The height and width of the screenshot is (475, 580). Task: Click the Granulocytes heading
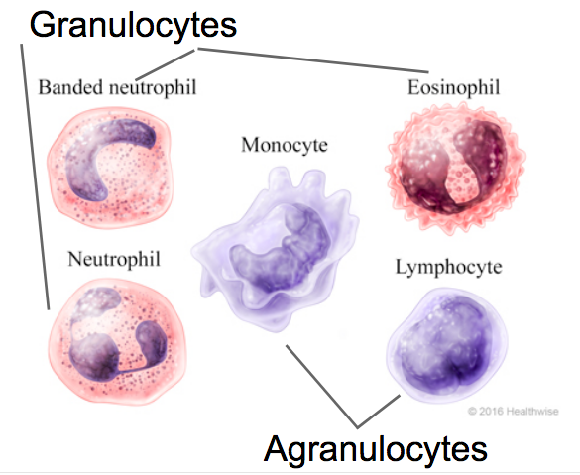tap(133, 25)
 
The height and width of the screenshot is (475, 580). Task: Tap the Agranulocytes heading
tap(375, 450)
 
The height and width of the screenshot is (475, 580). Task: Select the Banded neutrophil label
tap(117, 87)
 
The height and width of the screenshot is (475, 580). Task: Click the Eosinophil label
tap(453, 88)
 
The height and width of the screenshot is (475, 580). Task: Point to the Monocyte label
tap(285, 145)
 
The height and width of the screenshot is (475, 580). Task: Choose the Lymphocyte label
tap(449, 267)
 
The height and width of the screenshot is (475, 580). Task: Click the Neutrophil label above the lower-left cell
tap(114, 259)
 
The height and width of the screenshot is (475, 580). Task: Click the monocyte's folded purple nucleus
tap(282, 248)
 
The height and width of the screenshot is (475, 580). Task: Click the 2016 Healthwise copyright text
tap(513, 411)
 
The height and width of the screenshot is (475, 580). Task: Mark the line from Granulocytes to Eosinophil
tap(313, 59)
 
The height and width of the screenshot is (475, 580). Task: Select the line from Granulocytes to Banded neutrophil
tap(165, 64)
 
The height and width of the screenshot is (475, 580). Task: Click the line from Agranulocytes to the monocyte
tap(321, 387)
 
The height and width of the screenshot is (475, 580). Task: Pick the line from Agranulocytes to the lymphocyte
tap(379, 412)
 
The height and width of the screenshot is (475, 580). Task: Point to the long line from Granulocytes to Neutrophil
tap(35, 177)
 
